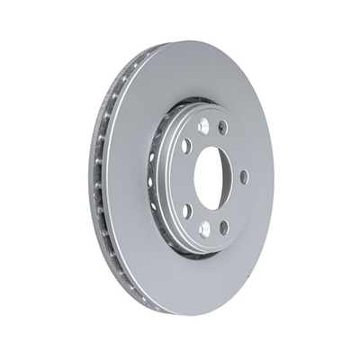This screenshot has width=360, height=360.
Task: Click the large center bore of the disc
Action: tap(212, 176)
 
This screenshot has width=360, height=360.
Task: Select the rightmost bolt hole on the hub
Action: tap(244, 176)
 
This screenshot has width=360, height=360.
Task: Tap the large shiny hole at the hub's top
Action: tap(203, 126)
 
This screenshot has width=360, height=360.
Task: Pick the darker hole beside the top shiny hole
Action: tap(222, 127)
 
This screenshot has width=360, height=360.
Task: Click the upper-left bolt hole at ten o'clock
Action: tap(185, 145)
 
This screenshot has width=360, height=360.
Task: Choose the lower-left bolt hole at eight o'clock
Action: tap(186, 211)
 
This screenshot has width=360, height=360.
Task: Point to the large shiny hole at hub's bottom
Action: tap(205, 230)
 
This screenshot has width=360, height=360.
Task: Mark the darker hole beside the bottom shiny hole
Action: tap(223, 226)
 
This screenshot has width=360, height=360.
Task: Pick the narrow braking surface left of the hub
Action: tap(130, 180)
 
